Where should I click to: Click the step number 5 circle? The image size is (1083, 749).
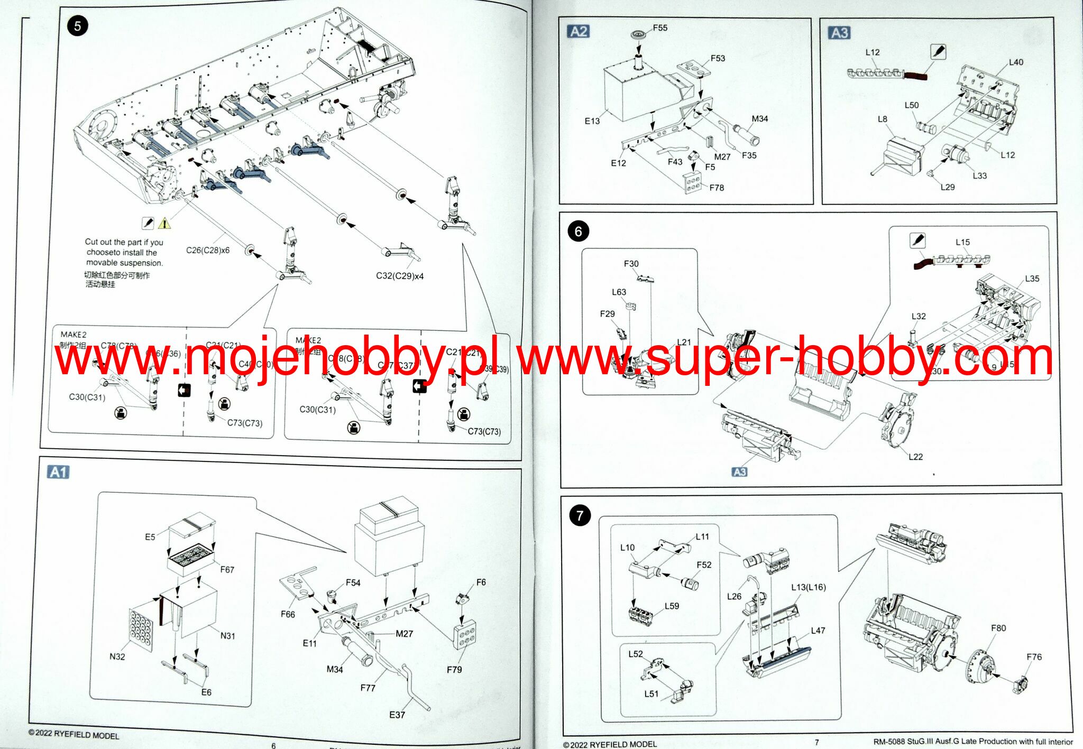77,26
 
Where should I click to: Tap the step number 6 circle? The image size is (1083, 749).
578,231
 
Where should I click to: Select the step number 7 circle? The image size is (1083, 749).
580,515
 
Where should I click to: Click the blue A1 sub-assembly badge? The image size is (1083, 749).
58,472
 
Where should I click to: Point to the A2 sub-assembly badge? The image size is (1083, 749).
579,32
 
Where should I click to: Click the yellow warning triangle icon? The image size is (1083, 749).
164,223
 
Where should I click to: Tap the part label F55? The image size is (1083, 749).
660,28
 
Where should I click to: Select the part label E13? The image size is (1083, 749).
592,121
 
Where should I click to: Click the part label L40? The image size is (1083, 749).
1016,62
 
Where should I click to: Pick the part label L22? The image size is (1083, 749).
915,457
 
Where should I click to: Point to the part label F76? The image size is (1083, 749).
1034,657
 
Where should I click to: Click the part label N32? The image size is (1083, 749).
117,656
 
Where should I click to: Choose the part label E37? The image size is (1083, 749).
397,715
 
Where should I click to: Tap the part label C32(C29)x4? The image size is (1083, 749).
400,276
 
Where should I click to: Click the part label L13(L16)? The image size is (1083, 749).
809,587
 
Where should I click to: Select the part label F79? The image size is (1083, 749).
454,669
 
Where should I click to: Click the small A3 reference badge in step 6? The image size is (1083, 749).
739,471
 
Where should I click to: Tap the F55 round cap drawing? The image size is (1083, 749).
639,35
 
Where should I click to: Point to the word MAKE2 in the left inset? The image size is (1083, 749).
74,335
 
